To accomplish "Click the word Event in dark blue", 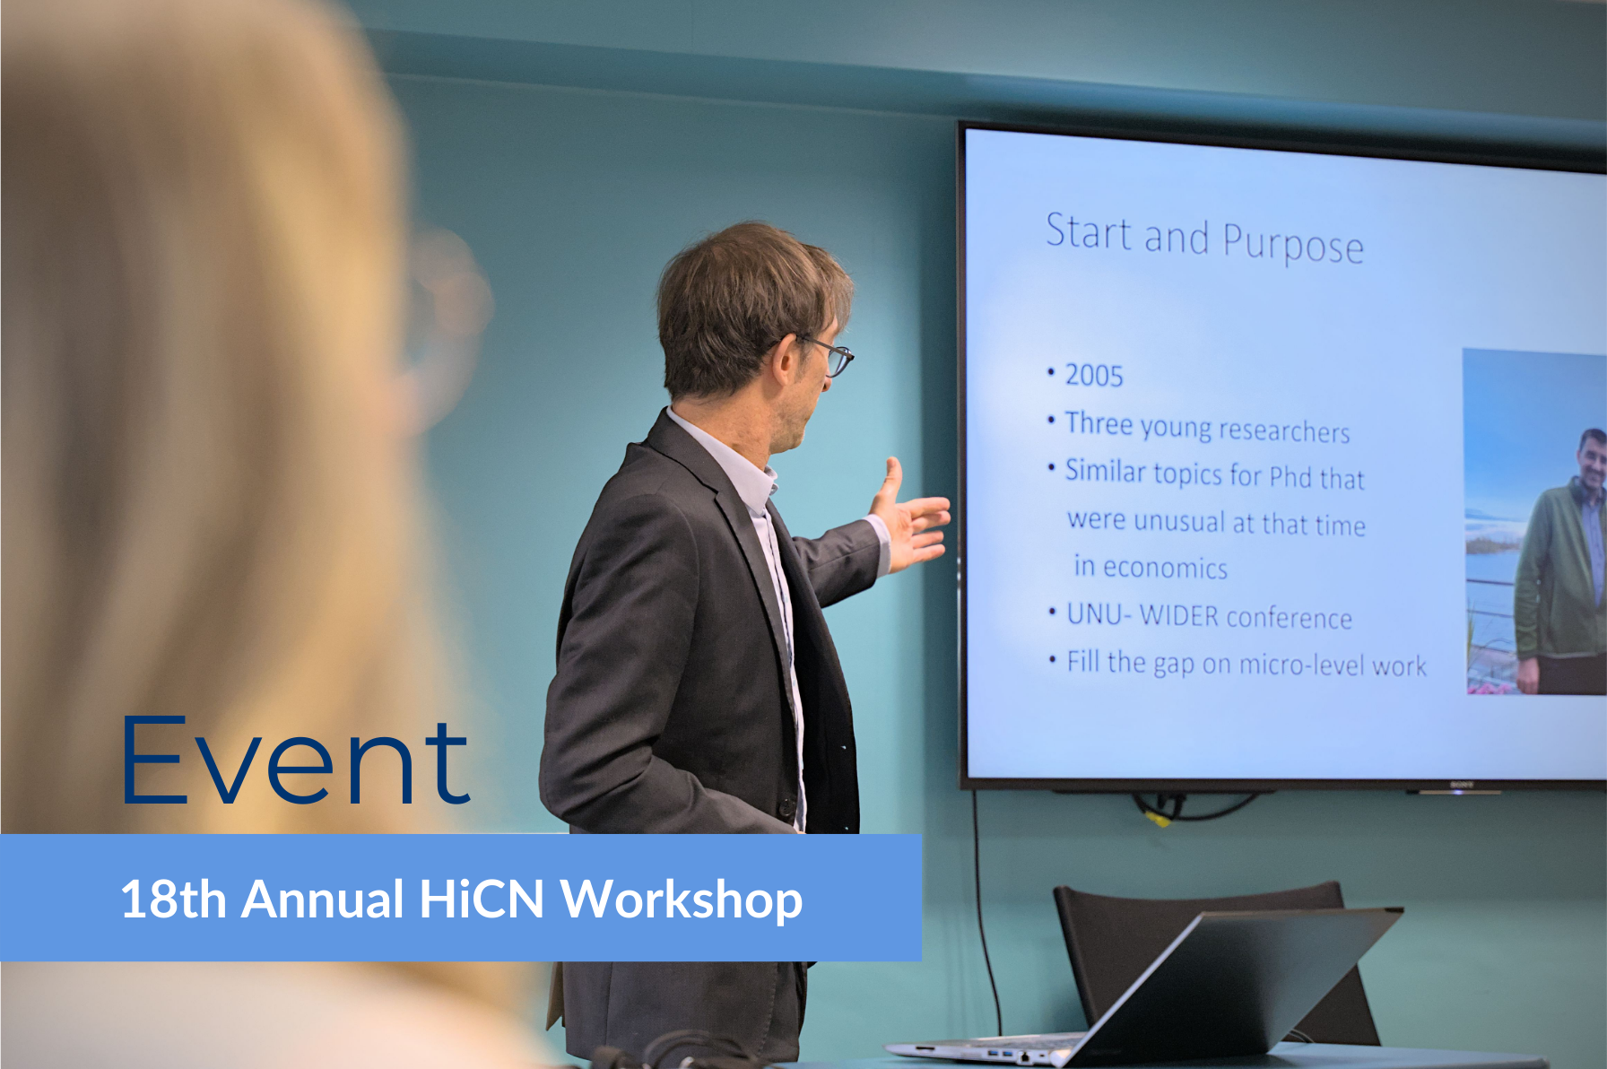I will tap(295, 761).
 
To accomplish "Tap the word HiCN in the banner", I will tap(482, 900).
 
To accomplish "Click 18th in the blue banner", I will tap(172, 900).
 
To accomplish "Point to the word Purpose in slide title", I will tap(1292, 245).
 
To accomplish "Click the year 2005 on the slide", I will tap(1093, 375).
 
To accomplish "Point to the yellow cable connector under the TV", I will tap(1159, 816).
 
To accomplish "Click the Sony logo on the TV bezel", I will tap(1462, 785).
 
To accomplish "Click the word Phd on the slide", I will tap(1290, 476).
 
